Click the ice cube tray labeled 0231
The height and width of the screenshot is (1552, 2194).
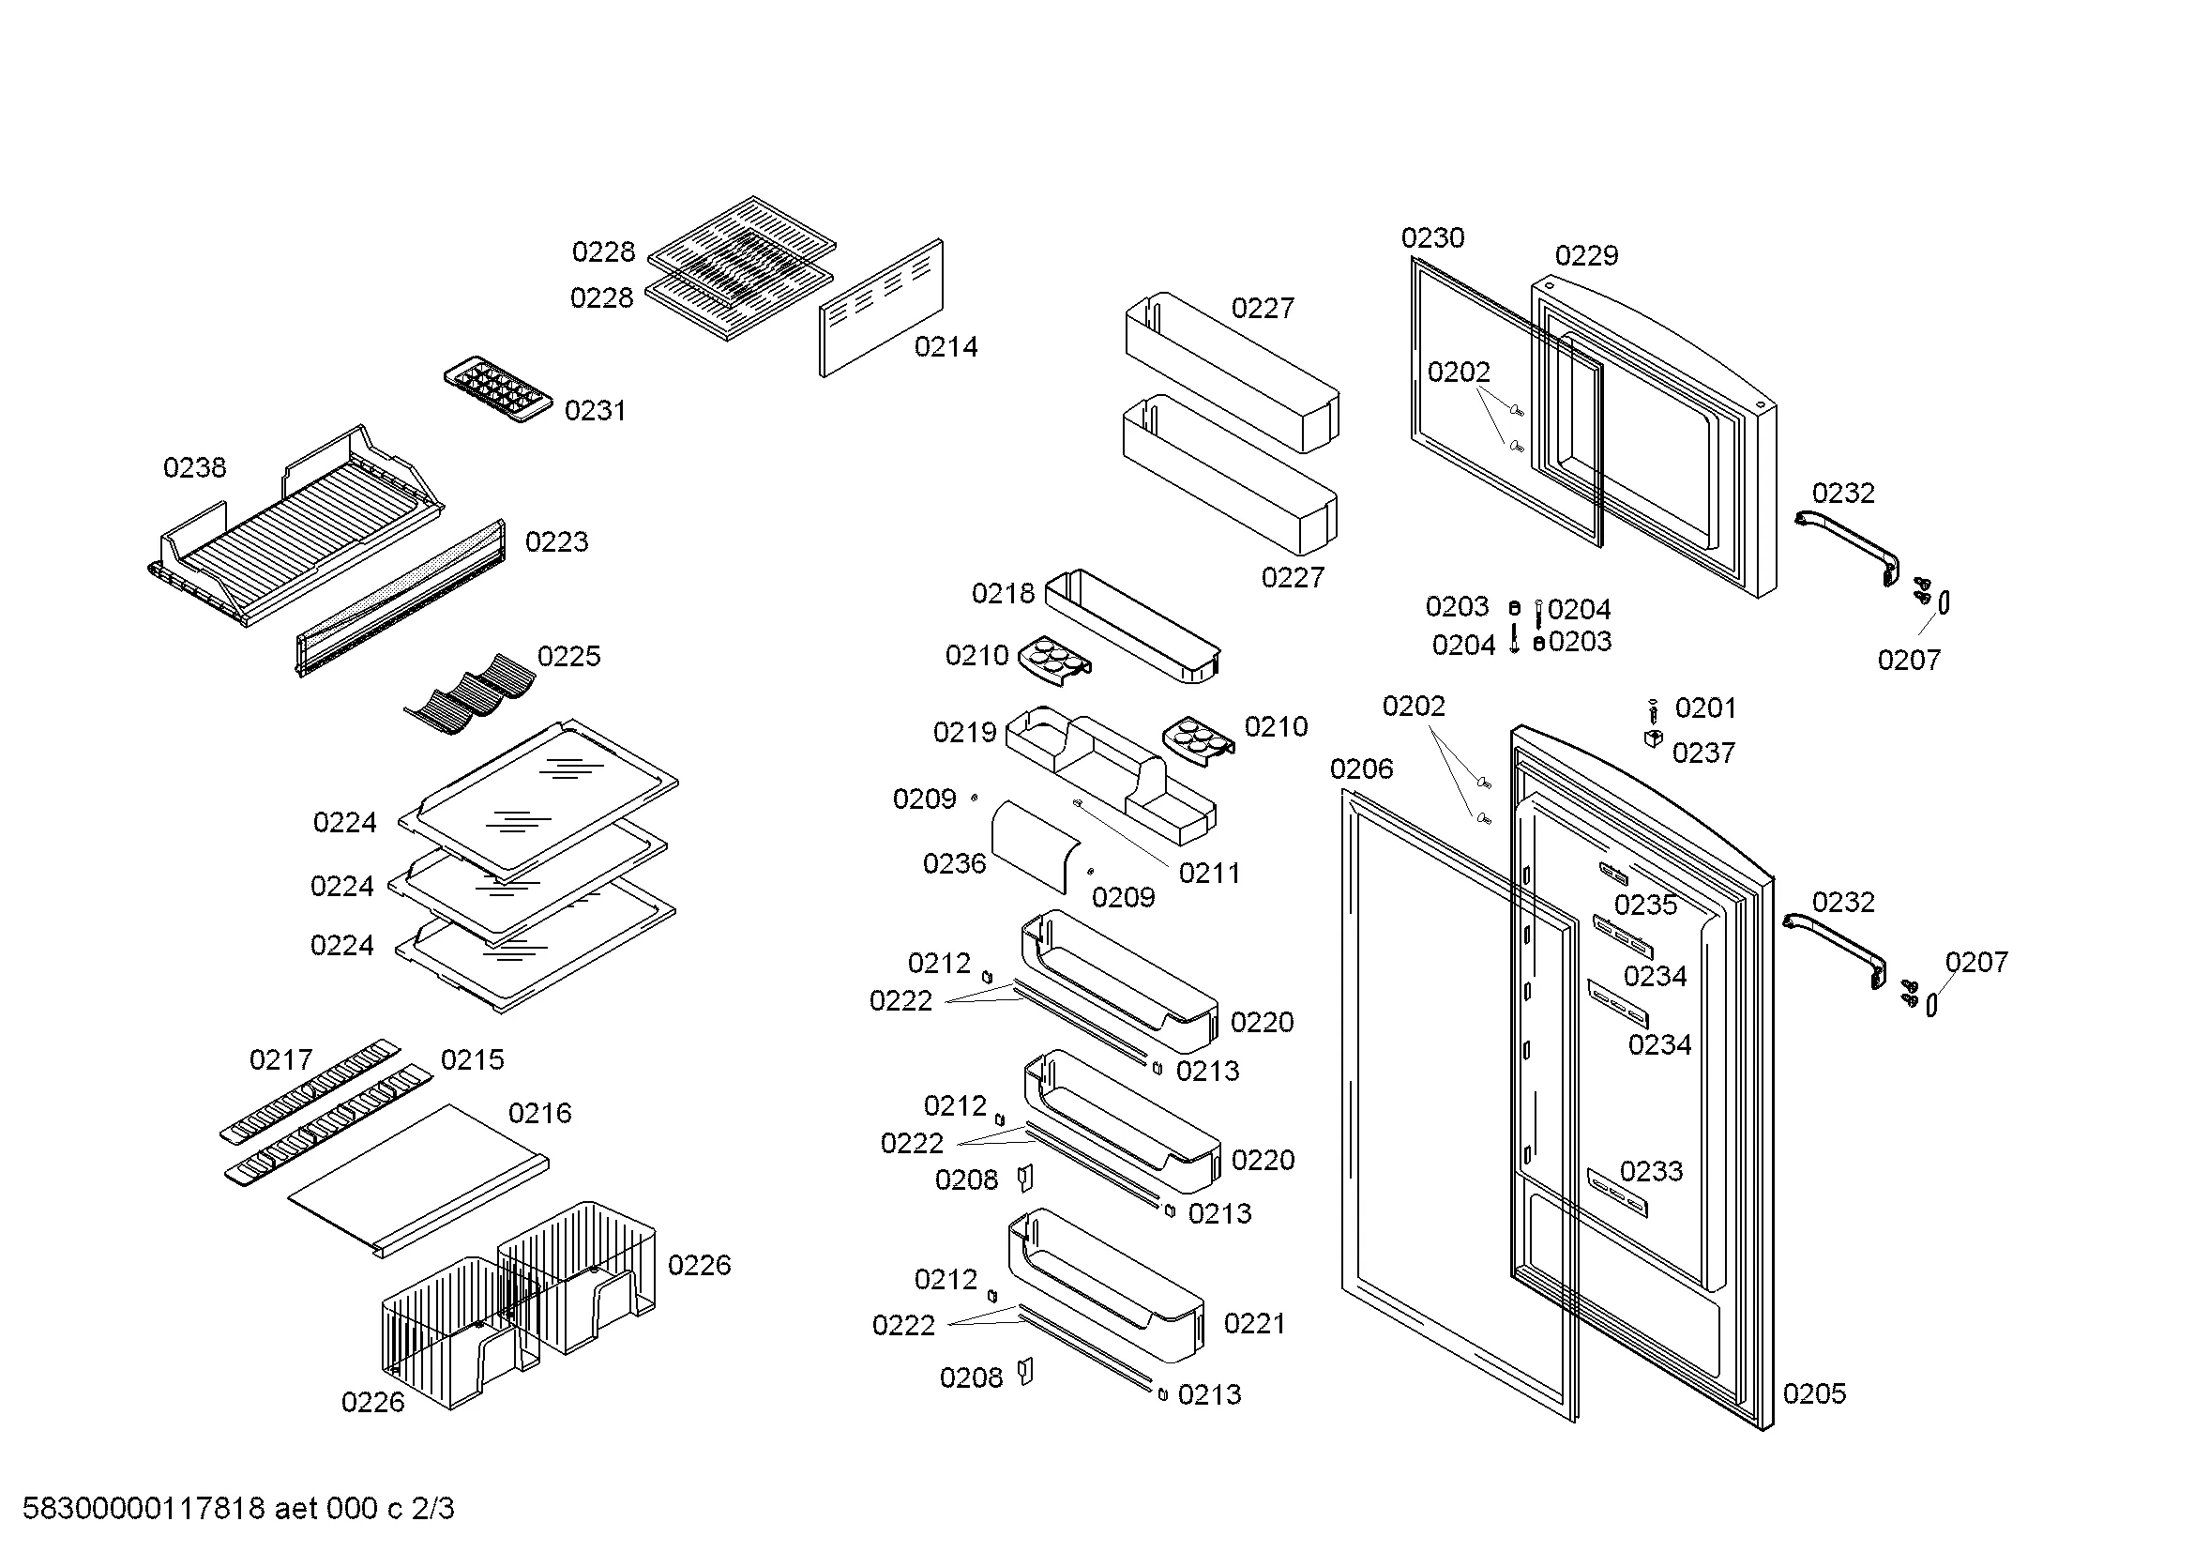pos(498,390)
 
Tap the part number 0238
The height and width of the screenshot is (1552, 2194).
pos(195,467)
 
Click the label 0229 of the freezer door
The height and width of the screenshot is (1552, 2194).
pos(1586,255)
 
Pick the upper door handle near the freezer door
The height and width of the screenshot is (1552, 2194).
pos(1846,546)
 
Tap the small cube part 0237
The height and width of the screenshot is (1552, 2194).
pos(1653,738)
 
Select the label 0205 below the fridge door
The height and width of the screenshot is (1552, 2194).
pos(1815,1393)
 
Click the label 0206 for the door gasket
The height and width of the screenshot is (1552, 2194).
pos(1362,768)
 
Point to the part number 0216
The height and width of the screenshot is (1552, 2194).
pos(540,1113)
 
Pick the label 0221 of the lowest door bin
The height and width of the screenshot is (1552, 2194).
pos(1255,1324)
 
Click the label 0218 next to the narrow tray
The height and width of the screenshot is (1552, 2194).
pos(1003,593)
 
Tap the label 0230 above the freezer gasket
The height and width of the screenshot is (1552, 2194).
pos(1432,237)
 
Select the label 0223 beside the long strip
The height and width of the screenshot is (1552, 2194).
pos(557,541)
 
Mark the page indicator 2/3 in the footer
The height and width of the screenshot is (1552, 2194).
pos(432,1508)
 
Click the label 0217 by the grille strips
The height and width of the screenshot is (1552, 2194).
pos(281,1058)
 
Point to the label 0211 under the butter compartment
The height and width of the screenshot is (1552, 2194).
pos(1210,873)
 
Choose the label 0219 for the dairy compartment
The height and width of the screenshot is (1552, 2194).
pos(964,732)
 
